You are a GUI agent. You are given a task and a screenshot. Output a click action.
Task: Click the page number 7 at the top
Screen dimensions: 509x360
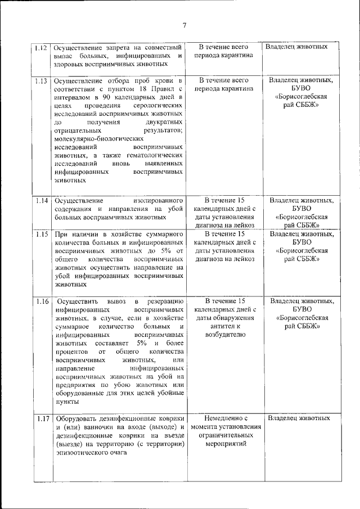[x=184, y=24]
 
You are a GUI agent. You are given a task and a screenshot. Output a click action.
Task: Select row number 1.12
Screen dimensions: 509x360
[x=41, y=47]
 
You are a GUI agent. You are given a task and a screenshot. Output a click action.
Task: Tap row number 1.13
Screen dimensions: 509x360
[x=41, y=80]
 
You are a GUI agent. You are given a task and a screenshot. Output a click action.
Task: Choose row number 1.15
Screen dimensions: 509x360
[x=41, y=234]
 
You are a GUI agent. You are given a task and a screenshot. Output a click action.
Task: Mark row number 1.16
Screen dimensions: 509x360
[x=41, y=301]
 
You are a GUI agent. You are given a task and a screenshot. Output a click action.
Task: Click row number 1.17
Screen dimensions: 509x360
[x=41, y=418]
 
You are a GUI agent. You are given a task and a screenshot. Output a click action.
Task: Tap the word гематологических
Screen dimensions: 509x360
[x=154, y=155]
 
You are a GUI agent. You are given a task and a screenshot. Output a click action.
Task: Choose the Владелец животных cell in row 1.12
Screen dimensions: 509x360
[x=296, y=47]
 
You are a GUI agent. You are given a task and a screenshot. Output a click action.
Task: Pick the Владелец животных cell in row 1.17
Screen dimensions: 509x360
[x=297, y=418]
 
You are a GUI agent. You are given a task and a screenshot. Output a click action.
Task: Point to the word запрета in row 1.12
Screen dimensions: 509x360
[x=118, y=47]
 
